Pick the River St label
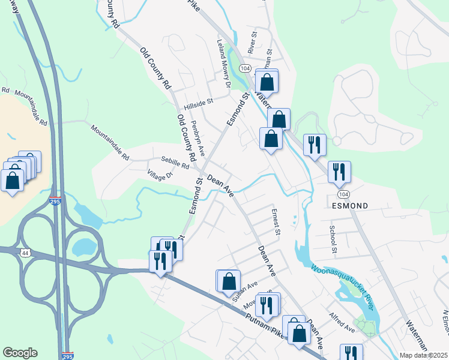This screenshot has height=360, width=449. coord(252,44)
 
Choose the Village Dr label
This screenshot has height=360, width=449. coord(160,175)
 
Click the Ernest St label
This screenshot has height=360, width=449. coord(276,221)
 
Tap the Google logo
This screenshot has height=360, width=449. coord(20,353)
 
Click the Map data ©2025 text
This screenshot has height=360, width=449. coord(424,355)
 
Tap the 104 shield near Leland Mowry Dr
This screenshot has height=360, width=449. coord(244,69)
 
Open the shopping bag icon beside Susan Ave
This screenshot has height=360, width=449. coord(229,281)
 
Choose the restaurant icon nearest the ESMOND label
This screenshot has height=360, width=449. coord(339,172)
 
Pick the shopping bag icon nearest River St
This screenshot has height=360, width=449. coord(267,82)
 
